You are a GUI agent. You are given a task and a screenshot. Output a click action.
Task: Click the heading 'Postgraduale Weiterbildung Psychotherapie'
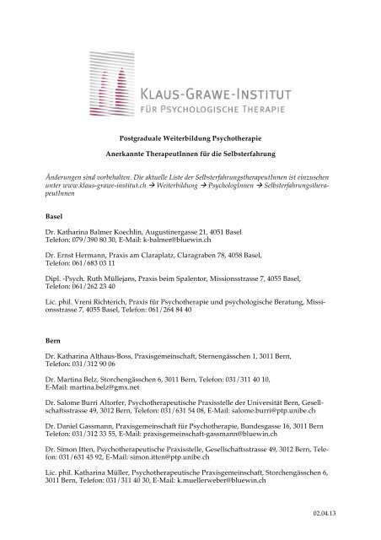(x=190, y=137)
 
